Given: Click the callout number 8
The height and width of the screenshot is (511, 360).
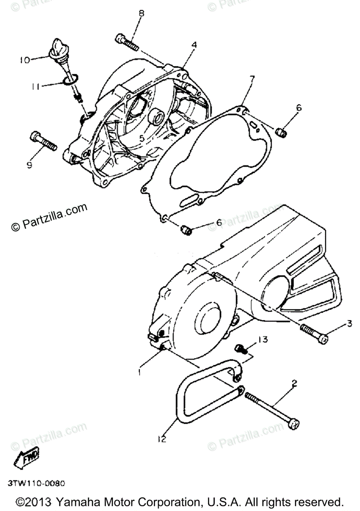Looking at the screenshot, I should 141,14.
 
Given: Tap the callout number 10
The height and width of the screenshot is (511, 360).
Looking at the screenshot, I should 24,60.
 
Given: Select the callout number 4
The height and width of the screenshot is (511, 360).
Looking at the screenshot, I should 193,44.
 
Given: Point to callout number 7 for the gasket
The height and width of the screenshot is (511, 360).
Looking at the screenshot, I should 252,78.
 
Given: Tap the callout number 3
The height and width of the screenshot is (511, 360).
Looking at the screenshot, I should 349,324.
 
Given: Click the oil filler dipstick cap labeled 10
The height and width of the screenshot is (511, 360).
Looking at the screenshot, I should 57,49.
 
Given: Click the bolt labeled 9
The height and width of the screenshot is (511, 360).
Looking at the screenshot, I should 43,141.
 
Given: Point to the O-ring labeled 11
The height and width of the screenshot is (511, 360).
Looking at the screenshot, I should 71,78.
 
